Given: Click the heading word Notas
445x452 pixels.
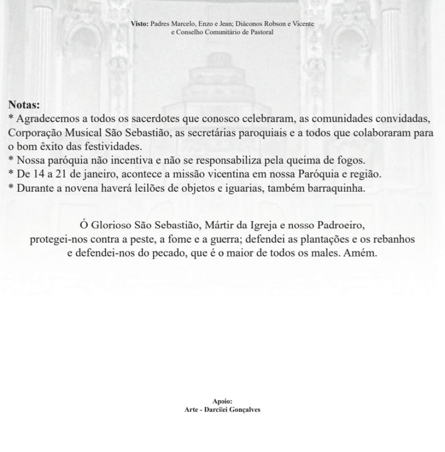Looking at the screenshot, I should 24,105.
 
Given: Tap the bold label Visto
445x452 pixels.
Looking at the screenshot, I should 139,24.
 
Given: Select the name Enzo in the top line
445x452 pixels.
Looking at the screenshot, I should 207,24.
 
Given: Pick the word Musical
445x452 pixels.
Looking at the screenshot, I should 84,133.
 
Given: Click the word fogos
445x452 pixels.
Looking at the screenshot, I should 351,160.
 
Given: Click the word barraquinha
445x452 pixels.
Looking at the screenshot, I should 335,188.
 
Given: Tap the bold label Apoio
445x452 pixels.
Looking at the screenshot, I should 222,401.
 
